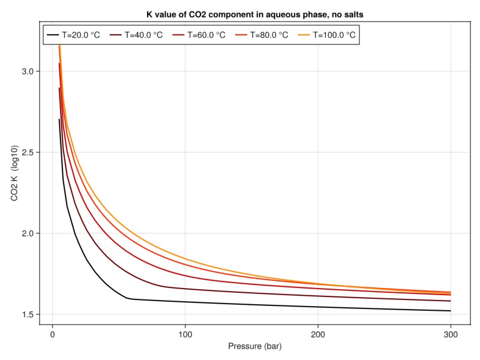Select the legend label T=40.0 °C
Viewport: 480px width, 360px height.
[144, 35]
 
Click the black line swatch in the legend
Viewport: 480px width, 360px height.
[53, 35]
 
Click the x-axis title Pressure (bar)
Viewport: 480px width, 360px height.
[254, 347]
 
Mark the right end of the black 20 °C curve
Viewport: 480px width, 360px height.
[451, 311]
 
